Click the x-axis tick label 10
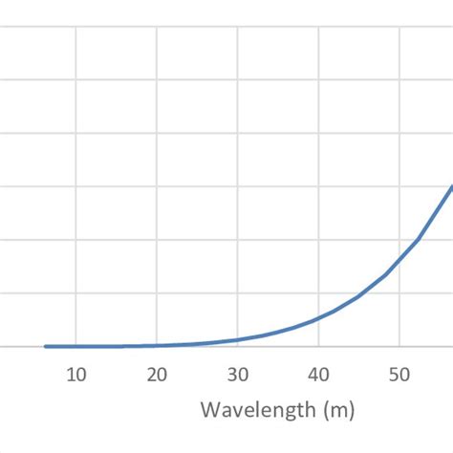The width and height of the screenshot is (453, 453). pyautogui.click(x=76, y=374)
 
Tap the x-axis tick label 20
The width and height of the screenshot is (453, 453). pyautogui.click(x=158, y=374)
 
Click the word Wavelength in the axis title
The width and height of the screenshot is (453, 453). pyautogui.click(x=257, y=411)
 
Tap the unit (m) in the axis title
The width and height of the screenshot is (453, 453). pyautogui.click(x=337, y=411)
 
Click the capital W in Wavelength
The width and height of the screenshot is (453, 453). pyautogui.click(x=209, y=411)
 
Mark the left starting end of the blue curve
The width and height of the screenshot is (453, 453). pyautogui.click(x=45, y=346)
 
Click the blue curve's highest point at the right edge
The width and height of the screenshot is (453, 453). pyautogui.click(x=451, y=185)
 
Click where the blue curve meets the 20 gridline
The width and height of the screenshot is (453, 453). pyautogui.click(x=158, y=345)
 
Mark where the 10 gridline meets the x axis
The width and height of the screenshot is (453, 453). pyautogui.click(x=76, y=347)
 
